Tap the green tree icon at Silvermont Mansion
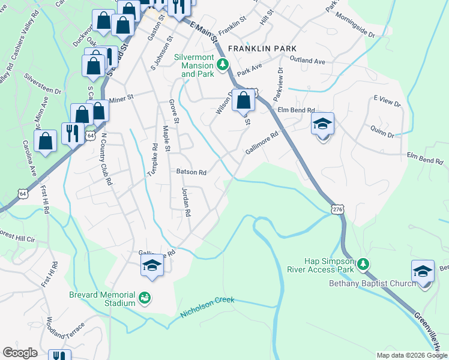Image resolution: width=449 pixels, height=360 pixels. click(223, 63)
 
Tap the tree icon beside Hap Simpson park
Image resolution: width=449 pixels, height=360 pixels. click(363, 264)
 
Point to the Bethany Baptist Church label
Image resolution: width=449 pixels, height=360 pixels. click(372, 284)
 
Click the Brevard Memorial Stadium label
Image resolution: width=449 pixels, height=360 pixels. click(103, 298)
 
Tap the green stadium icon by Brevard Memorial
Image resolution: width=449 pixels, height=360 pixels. click(144, 297)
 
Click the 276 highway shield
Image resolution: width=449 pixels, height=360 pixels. click(338, 208)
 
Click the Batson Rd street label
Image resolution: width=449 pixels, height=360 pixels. click(191, 172)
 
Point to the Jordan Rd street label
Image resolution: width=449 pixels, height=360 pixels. click(186, 202)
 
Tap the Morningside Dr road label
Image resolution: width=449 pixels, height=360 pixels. click(355, 25)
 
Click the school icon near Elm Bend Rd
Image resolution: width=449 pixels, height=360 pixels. click(323, 125)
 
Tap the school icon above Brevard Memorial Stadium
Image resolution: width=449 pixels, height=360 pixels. click(152, 266)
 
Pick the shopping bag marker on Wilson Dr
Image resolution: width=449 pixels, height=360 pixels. click(244, 100)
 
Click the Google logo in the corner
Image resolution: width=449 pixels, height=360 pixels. click(20, 353)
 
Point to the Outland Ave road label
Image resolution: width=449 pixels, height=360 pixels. click(307, 61)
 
